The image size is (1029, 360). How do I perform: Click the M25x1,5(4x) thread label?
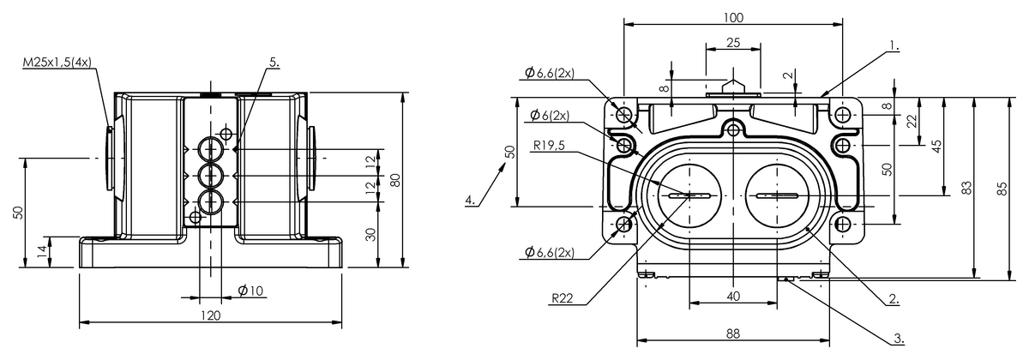(x=57, y=63)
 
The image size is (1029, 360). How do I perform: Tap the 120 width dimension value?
(x=211, y=315)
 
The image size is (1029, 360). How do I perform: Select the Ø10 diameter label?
(x=250, y=291)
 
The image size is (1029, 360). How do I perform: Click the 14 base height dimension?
(x=42, y=251)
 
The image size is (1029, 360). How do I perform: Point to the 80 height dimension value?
(x=395, y=180)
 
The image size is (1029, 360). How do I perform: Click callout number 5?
(x=274, y=63)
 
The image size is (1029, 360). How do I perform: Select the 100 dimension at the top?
(x=733, y=17)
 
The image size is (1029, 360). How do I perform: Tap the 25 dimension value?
(x=734, y=43)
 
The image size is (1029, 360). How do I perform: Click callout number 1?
(x=894, y=45)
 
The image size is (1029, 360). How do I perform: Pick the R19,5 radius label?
(x=549, y=146)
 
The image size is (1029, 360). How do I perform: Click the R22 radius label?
(x=563, y=298)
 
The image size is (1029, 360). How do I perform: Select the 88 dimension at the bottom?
(x=733, y=333)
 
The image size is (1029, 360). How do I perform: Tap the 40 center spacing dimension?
(x=734, y=297)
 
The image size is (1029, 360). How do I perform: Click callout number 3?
(x=899, y=339)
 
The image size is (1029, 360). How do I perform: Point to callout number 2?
(x=894, y=299)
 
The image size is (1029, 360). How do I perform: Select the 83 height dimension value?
(x=967, y=188)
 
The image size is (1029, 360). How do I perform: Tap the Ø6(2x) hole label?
(x=550, y=115)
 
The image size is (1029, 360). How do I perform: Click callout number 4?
(x=470, y=201)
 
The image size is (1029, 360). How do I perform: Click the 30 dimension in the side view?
(x=371, y=235)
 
